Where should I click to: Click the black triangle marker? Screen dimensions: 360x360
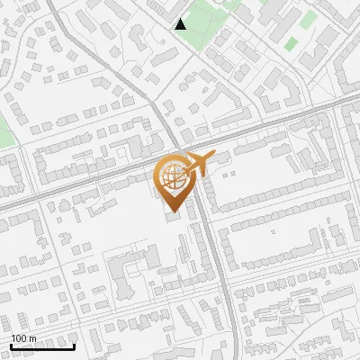[x=181, y=23]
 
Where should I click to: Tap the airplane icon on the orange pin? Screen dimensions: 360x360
[x=197, y=164]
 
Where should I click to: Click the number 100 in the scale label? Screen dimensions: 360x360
[x=18, y=338]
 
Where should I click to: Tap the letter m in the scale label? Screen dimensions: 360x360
[x=32, y=338]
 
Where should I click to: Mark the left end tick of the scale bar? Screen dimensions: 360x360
[x=11, y=344]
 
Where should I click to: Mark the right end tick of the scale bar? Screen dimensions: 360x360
[x=74, y=344]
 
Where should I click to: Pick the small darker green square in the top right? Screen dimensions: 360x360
[x=290, y=42]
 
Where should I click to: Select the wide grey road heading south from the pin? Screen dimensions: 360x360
[x=216, y=270]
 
